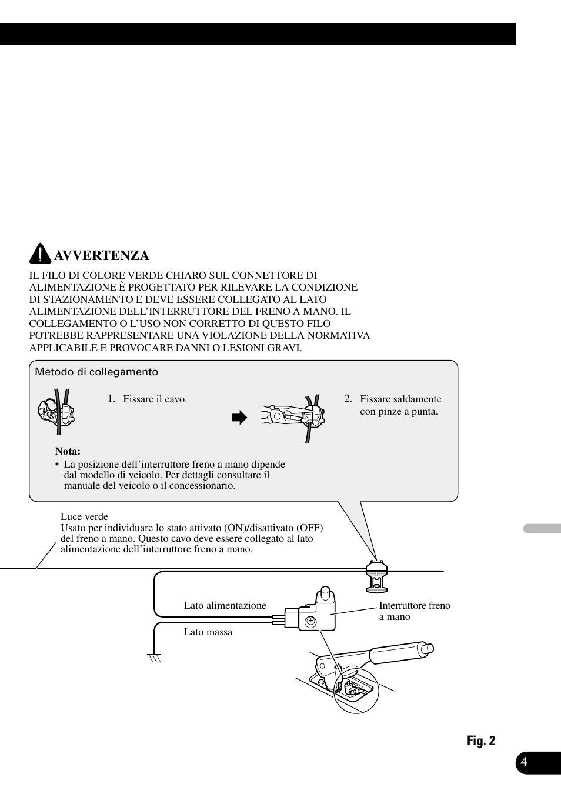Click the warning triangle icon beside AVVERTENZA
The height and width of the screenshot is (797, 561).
click(x=40, y=254)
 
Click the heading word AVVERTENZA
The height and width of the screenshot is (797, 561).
click(x=101, y=255)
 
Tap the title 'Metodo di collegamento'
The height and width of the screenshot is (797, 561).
click(x=96, y=372)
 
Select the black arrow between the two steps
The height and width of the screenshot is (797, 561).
click(x=239, y=418)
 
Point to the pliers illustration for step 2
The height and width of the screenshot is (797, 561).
click(x=293, y=416)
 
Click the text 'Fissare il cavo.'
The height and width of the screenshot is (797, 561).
click(x=155, y=399)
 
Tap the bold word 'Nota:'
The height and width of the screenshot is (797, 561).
click(x=68, y=451)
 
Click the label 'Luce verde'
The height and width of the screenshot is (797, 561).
click(x=84, y=517)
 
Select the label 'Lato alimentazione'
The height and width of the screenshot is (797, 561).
click(x=225, y=605)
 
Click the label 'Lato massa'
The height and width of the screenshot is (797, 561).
click(x=208, y=632)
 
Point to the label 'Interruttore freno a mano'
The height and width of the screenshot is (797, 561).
click(x=414, y=611)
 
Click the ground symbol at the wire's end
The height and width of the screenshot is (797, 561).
click(x=154, y=657)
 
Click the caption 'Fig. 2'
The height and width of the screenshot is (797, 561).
click(x=481, y=741)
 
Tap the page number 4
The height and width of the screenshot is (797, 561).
click(x=524, y=762)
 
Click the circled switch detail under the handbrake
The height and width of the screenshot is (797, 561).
click(x=356, y=690)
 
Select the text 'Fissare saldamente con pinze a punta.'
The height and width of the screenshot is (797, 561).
click(x=400, y=405)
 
